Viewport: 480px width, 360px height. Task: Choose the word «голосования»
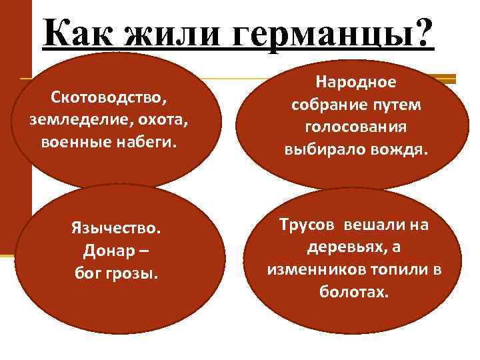coord(355,127)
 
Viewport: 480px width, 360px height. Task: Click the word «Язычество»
coord(116,229)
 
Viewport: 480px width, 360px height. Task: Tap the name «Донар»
coord(107,251)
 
